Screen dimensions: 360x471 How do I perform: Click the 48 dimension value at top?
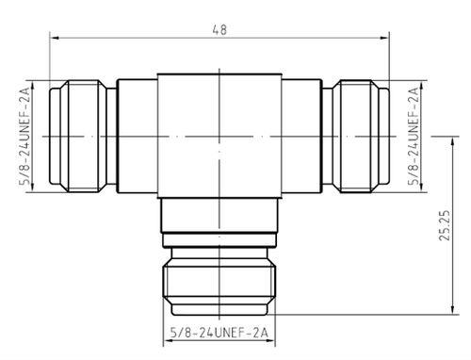click(x=219, y=28)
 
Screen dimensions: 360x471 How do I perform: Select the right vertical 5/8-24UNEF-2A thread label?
click(x=412, y=138)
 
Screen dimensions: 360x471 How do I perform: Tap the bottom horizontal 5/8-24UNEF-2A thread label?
click(x=219, y=331)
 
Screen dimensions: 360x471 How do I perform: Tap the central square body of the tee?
click(x=219, y=138)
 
